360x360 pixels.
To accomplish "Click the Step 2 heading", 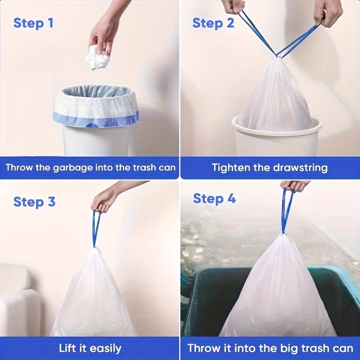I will (x=213, y=23).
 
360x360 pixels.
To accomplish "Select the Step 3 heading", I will (x=34, y=202).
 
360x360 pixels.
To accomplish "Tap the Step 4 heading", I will (x=214, y=198).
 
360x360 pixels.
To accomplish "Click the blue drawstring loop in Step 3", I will (x=95, y=227).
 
